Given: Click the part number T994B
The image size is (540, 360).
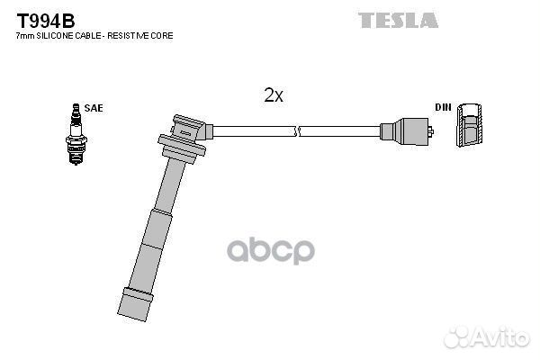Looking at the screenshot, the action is (46, 21).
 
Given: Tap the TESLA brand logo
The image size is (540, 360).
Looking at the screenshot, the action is (398, 20).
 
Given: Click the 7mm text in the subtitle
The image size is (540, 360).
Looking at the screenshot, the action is (25, 35).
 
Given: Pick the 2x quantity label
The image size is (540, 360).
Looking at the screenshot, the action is (274, 95).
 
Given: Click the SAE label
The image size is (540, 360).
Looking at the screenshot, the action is (94, 108).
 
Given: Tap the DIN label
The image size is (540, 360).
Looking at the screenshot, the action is (443, 107).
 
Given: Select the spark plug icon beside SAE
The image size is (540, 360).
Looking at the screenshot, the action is (76, 134).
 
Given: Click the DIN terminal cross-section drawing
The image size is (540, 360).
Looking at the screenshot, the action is (469, 125).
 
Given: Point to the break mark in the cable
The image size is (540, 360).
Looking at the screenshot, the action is (297, 131).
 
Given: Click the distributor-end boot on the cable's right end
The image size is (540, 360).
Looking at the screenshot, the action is (405, 131).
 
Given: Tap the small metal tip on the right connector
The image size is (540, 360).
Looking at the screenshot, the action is (431, 131).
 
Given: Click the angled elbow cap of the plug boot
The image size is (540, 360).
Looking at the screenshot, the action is (192, 129).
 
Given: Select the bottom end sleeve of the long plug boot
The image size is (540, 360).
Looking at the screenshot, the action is (135, 304).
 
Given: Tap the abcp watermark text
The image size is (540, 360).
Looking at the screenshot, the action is (271, 250).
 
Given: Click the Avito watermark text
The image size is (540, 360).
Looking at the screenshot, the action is (501, 337).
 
